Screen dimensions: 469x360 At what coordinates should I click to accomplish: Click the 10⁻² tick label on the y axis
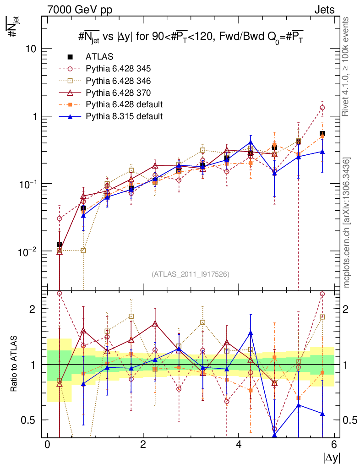(x=27, y=251)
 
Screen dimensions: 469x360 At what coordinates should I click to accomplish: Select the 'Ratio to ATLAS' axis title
(x=15, y=364)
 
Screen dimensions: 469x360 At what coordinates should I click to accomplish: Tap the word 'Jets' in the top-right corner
(x=324, y=9)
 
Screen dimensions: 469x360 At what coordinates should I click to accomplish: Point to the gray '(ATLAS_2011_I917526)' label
(x=190, y=274)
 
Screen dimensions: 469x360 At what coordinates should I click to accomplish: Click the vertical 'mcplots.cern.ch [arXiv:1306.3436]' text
(x=347, y=222)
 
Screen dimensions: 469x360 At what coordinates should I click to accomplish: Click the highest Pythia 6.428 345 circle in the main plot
(x=322, y=108)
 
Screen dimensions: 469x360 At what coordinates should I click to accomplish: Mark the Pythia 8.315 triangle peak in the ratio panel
(x=251, y=333)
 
